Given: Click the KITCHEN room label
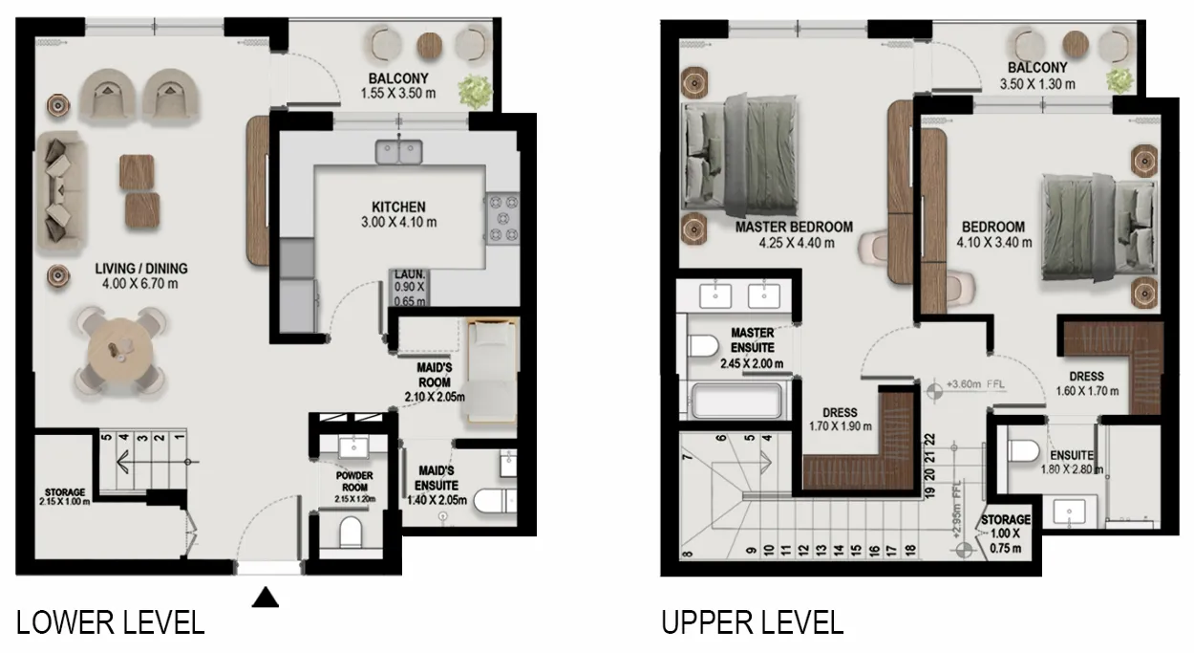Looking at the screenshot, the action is click(398, 207).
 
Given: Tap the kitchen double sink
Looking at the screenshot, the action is click(398, 151).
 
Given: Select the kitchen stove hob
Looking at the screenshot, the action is click(502, 218).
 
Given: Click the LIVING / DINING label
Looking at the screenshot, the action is click(141, 269).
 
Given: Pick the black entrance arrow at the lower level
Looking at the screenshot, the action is click(266, 598).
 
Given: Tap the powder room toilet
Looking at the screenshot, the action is click(351, 532).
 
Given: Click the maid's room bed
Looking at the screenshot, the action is click(492, 371).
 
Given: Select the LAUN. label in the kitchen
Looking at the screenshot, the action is click(410, 274).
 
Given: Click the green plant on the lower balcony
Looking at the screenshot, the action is click(475, 91).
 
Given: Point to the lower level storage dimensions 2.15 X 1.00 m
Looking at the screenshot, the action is click(65, 502).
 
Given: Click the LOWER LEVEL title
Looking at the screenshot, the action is click(111, 622).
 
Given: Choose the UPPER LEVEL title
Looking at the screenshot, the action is click(752, 622).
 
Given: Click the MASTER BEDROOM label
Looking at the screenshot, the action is click(794, 228).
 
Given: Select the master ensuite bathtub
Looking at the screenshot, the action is click(736, 401).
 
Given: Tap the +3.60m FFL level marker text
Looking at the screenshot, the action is click(975, 384).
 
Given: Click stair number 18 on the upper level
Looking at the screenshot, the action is click(910, 550).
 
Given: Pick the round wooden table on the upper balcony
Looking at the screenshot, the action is click(1076, 45).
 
